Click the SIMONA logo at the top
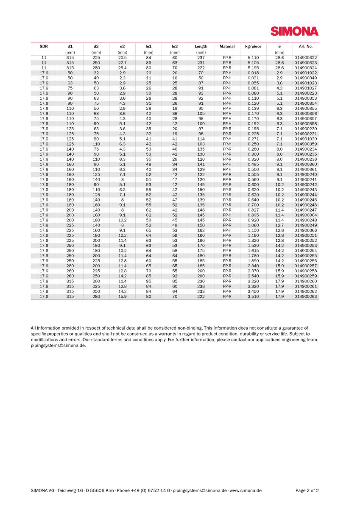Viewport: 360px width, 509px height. [x=294, y=31]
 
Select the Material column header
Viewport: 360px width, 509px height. [x=227, y=46]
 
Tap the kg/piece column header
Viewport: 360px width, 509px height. [x=253, y=46]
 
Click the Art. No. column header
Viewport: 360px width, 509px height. [x=305, y=46]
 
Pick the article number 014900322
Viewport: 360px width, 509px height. [x=305, y=57]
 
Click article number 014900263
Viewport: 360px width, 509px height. [x=305, y=296]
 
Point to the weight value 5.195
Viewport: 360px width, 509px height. [x=253, y=67]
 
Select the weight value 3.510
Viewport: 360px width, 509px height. [x=253, y=296]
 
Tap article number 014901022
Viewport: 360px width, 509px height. [x=305, y=73]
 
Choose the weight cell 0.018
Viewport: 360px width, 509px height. [x=253, y=73]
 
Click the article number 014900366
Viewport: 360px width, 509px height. [x=305, y=230]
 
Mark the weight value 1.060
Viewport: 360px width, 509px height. [x=253, y=225]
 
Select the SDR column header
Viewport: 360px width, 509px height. [x=44, y=46]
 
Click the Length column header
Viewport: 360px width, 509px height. [x=201, y=46]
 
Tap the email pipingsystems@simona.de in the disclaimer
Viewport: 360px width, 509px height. [x=58, y=345]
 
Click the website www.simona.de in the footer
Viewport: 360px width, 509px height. [x=246, y=490]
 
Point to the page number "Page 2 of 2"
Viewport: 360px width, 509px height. [x=307, y=490]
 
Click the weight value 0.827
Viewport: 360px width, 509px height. [x=253, y=210]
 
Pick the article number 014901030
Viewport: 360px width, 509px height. [x=305, y=139]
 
